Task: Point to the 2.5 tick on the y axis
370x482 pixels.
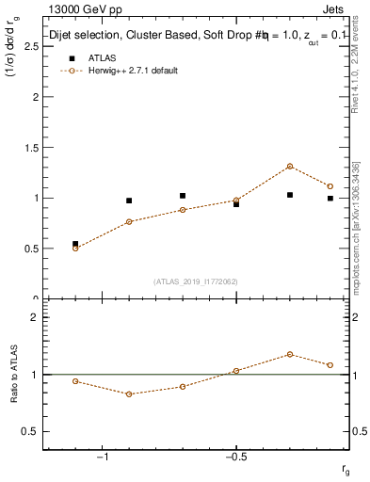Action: [33, 46]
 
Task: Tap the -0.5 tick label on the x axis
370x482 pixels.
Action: [234, 457]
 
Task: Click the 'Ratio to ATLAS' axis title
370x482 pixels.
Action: [14, 374]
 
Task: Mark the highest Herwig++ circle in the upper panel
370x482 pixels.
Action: [290, 166]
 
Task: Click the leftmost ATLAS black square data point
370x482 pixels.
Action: [75, 244]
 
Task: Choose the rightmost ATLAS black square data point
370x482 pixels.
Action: [330, 199]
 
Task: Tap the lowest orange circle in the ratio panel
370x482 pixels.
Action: [129, 394]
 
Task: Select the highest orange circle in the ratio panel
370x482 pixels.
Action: [290, 354]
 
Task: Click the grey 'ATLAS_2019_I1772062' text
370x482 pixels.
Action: [197, 281]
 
